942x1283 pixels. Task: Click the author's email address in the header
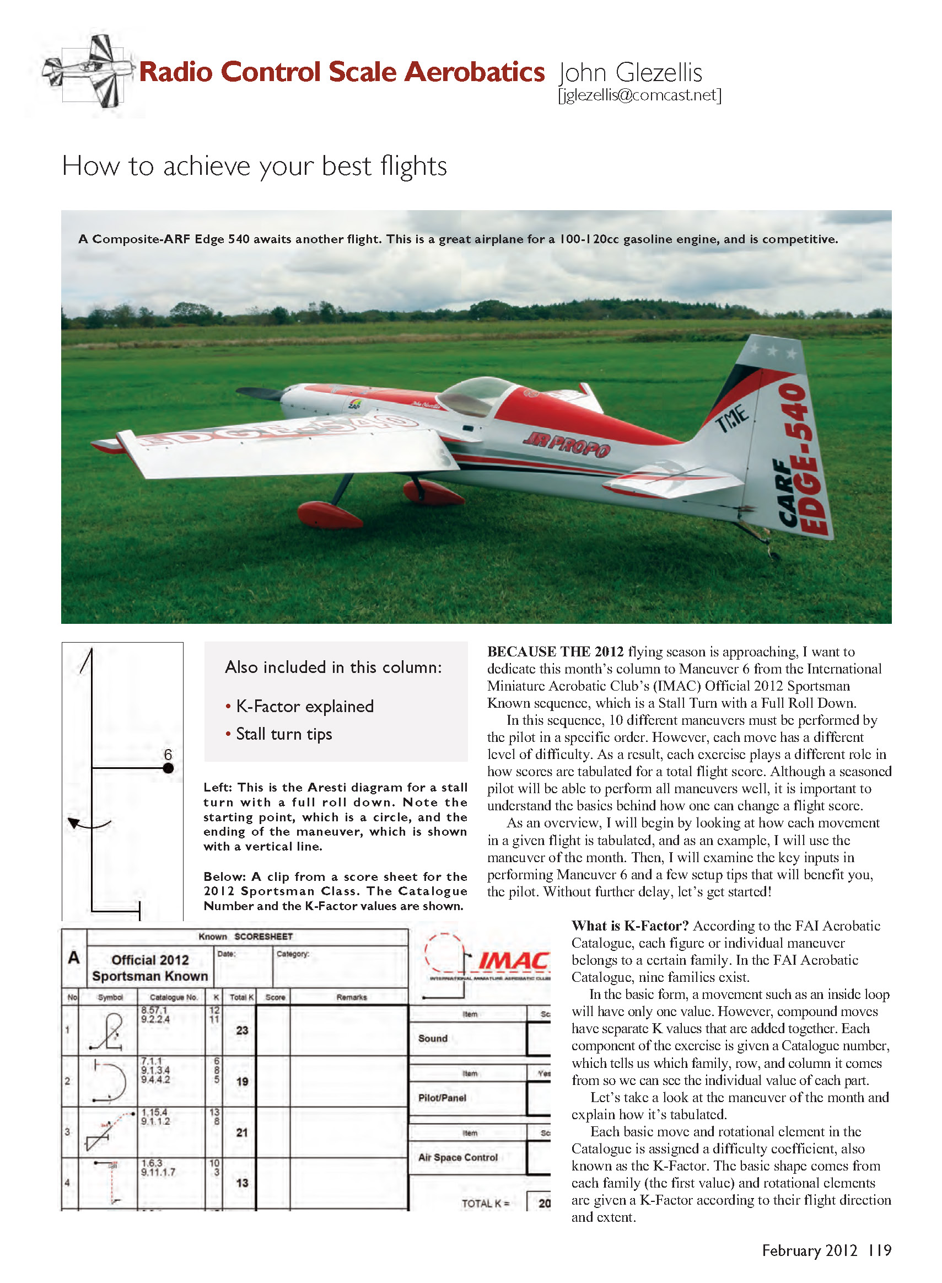[x=639, y=95]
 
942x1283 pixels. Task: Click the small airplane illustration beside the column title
[x=88, y=71]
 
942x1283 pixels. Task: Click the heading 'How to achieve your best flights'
[x=254, y=166]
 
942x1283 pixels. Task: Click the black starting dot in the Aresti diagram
[x=168, y=768]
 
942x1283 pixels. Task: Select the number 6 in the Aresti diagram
[x=168, y=754]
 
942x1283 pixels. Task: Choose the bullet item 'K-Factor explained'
[x=304, y=706]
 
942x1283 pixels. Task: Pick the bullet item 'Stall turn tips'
[x=283, y=734]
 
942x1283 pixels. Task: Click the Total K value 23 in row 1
[x=242, y=1030]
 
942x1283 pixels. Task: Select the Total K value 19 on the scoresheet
[x=242, y=1081]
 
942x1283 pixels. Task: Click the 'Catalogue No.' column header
[x=173, y=997]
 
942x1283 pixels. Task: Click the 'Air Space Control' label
[x=457, y=1157]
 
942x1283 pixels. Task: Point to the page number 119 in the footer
[x=879, y=1250]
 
